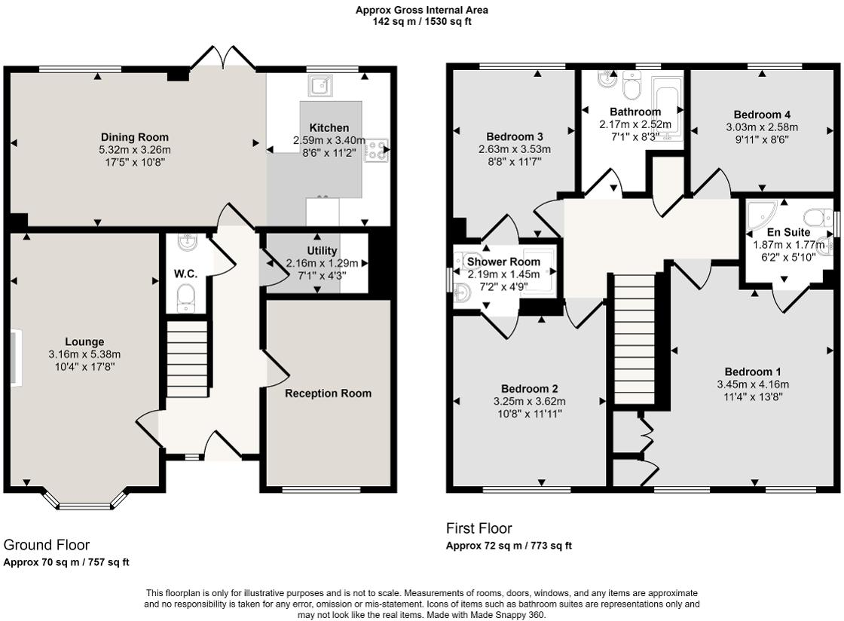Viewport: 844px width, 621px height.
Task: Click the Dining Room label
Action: click(x=135, y=137)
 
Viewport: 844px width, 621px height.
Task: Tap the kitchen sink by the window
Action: click(x=320, y=87)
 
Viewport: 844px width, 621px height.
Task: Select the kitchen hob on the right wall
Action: click(x=377, y=151)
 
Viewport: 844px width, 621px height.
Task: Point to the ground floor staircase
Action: click(x=186, y=359)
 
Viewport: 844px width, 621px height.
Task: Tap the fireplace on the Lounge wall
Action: click(x=16, y=359)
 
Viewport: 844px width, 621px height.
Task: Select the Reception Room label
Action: click(x=328, y=393)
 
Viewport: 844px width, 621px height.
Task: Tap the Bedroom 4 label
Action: click(x=761, y=115)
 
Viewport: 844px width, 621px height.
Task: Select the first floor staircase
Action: click(x=635, y=340)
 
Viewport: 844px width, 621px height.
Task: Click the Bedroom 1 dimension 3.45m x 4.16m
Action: click(x=752, y=384)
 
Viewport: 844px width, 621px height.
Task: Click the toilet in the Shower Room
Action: click(x=463, y=293)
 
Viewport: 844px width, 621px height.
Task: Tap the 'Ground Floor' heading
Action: click(x=47, y=545)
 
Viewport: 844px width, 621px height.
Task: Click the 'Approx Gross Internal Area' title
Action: click(x=422, y=10)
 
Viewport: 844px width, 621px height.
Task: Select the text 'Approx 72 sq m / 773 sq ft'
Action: click(x=509, y=546)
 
